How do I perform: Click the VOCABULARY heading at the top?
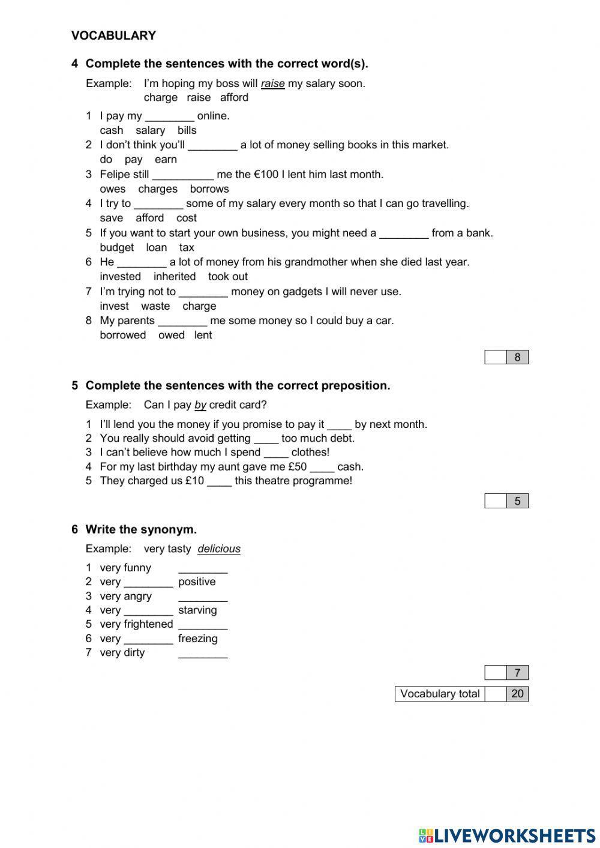coord(113,35)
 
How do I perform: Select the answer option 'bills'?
coord(187,130)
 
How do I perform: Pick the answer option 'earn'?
coord(166,159)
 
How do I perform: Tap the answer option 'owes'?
coord(113,189)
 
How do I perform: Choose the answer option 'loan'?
coord(157,247)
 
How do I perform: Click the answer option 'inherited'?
coord(175,277)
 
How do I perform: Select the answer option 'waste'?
coord(155,306)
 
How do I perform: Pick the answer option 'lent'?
coord(203,335)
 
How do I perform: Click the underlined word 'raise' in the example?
coord(272,83)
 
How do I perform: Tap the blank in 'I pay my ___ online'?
coord(170,116)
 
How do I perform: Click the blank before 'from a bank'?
coord(404,233)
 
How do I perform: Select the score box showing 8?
coord(517,357)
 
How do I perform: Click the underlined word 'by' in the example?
coord(200,405)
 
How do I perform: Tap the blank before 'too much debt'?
coord(266,439)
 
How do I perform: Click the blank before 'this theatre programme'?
coord(219,481)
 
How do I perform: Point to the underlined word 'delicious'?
coord(219,549)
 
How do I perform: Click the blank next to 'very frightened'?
coord(203,625)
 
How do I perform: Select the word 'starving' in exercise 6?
coord(197,610)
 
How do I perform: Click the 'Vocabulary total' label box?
coord(440,694)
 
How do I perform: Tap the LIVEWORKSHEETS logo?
coord(507,835)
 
